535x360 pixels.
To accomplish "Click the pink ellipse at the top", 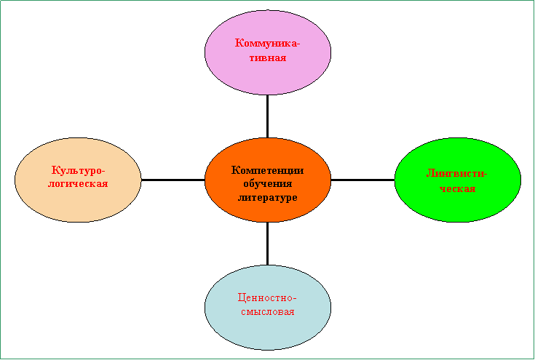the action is pyautogui.click(x=268, y=52).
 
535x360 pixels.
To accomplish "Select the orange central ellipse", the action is pyautogui.click(x=268, y=180).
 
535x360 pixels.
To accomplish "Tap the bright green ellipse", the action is pyautogui.click(x=458, y=180).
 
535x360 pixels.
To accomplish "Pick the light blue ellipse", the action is pyautogui.click(x=268, y=308).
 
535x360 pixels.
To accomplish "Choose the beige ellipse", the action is pyautogui.click(x=78, y=180).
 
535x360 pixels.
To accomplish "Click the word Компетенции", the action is pyautogui.click(x=268, y=170).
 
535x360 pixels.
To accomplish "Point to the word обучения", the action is pyautogui.click(x=268, y=184).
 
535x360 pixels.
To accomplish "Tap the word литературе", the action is pyautogui.click(x=268, y=198).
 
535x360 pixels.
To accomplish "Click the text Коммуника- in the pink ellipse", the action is pyautogui.click(x=268, y=44).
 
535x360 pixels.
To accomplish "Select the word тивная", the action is pyautogui.click(x=268, y=57).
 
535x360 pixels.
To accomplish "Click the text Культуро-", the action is pyautogui.click(x=78, y=169).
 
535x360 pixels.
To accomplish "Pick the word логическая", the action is pyautogui.click(x=78, y=184).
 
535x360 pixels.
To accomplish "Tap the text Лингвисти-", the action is pyautogui.click(x=457, y=174).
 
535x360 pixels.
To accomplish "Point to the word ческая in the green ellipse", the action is pyautogui.click(x=457, y=188).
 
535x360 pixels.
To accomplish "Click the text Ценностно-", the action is pyautogui.click(x=267, y=298).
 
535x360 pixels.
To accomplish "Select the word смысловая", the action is pyautogui.click(x=268, y=312).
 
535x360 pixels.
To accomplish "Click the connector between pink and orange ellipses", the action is pyautogui.click(x=267, y=116).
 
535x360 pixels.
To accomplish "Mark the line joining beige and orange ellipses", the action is pyautogui.click(x=173, y=180).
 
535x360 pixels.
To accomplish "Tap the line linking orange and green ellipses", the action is pyautogui.click(x=362, y=180).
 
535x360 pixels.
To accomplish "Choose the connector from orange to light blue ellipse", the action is pyautogui.click(x=267, y=244).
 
